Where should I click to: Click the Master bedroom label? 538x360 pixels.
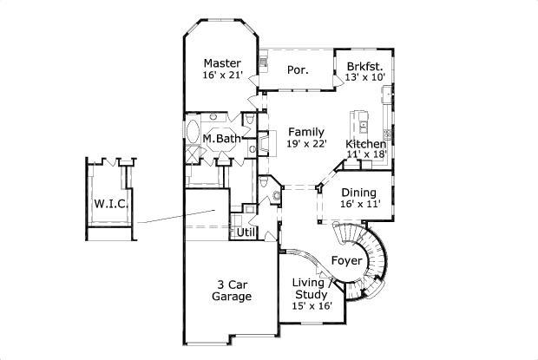[x=222, y=63]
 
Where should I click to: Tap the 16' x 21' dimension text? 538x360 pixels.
[x=223, y=75]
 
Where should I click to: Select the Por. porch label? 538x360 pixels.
[x=298, y=70]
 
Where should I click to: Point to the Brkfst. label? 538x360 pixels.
[x=364, y=66]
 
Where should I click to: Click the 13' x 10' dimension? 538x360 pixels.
[x=364, y=77]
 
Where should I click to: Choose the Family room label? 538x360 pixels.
[x=306, y=132]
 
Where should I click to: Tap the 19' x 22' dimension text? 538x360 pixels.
[x=306, y=143]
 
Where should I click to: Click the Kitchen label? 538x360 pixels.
[x=366, y=144]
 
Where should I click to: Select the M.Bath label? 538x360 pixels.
[x=221, y=139]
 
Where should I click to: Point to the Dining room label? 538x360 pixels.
[x=359, y=193]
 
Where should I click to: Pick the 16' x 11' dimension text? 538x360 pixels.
[x=360, y=205]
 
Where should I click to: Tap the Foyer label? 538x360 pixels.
[x=346, y=261]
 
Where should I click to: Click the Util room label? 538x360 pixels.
[x=246, y=232]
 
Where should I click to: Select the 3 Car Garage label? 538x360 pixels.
[x=232, y=291]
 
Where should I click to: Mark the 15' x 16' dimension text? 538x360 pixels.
[x=312, y=306]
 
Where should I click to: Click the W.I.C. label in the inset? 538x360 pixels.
[x=112, y=204]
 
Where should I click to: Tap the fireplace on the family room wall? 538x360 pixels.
[x=266, y=144]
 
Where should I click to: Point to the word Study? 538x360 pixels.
[x=312, y=295]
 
